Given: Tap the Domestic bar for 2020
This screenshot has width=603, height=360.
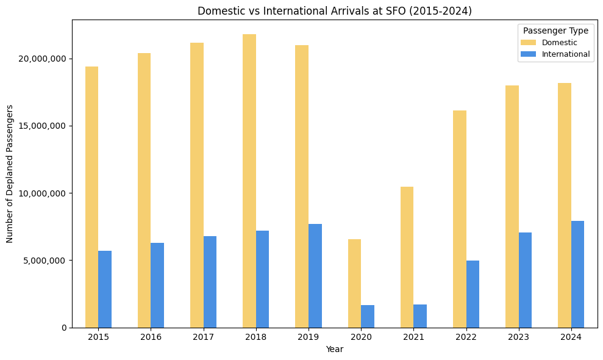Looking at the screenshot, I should (x=354, y=283).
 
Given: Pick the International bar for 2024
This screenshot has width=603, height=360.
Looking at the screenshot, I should (x=577, y=274).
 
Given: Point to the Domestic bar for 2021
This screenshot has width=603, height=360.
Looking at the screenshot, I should (x=407, y=257).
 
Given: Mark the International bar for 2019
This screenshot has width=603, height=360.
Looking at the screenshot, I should (x=315, y=275).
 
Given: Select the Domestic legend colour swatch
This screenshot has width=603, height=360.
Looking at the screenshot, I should (x=528, y=43).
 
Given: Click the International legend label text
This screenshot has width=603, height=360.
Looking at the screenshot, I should (x=566, y=54).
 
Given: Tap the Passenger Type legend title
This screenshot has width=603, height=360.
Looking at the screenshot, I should (x=555, y=31).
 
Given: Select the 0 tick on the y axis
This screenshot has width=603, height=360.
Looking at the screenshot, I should (x=63, y=328).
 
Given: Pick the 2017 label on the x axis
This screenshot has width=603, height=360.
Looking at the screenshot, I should (x=203, y=337).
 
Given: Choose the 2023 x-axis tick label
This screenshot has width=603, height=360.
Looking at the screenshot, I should (x=518, y=337).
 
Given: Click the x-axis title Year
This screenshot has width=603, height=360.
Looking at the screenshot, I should (x=334, y=349).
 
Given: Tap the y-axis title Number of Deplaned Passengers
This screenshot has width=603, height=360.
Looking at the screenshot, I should (x=10, y=173).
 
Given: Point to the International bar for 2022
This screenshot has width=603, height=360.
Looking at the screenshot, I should (x=473, y=294).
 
